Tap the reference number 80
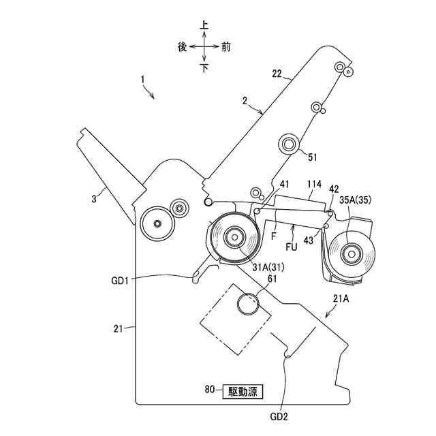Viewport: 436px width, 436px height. (x=211, y=390)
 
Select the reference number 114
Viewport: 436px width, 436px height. (x=314, y=185)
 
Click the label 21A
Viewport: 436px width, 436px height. (x=342, y=300)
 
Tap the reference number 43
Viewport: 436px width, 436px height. (x=311, y=239)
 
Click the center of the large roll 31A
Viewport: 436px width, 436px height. (x=234, y=238)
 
